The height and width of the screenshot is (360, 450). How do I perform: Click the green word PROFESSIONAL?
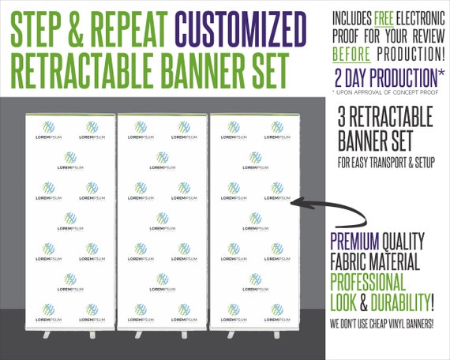click(x=368, y=283)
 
